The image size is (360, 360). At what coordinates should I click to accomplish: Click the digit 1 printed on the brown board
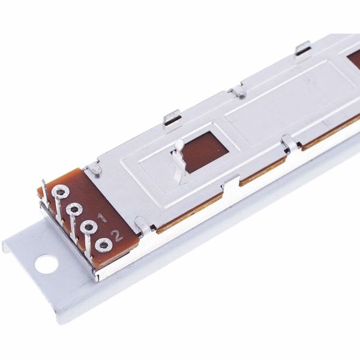(103, 217)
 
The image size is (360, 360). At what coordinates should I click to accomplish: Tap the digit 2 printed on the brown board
(118, 235)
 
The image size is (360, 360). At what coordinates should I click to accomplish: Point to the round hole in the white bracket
(46, 263)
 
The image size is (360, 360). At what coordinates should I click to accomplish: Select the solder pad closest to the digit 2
(103, 245)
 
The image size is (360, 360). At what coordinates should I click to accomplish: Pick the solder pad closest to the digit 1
(89, 227)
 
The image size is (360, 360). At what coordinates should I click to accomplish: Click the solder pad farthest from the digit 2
(60, 191)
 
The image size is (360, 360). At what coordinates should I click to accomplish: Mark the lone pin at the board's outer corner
(44, 187)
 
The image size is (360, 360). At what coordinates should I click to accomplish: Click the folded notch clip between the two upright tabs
(238, 92)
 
